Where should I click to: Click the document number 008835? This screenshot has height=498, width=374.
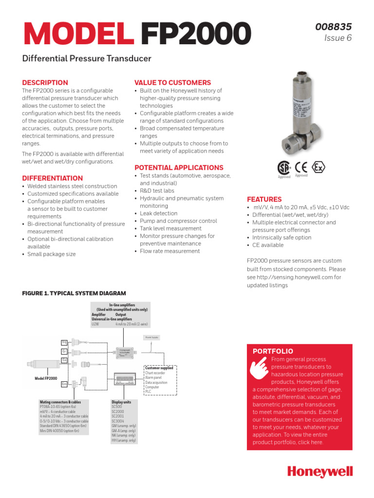pos(334,27)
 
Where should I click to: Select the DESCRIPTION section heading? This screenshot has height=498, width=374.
pos(45,83)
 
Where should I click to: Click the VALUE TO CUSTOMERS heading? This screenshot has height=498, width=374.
pos(172,83)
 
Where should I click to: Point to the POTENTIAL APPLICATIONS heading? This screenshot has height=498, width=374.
pos(179,167)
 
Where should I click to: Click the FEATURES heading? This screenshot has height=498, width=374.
pos(264,199)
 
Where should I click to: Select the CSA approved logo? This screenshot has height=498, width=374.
pos(284,168)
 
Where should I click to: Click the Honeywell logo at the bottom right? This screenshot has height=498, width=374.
pos(319,472)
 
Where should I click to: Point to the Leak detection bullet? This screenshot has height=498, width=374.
pos(158,213)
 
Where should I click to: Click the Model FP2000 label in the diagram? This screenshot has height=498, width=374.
pos(45,378)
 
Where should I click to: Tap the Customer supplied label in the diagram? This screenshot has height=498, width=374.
pos(159,368)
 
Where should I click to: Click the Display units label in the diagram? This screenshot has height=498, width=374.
pos(121,402)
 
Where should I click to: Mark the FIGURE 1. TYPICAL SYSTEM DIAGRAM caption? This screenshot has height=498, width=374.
pos(74,293)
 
